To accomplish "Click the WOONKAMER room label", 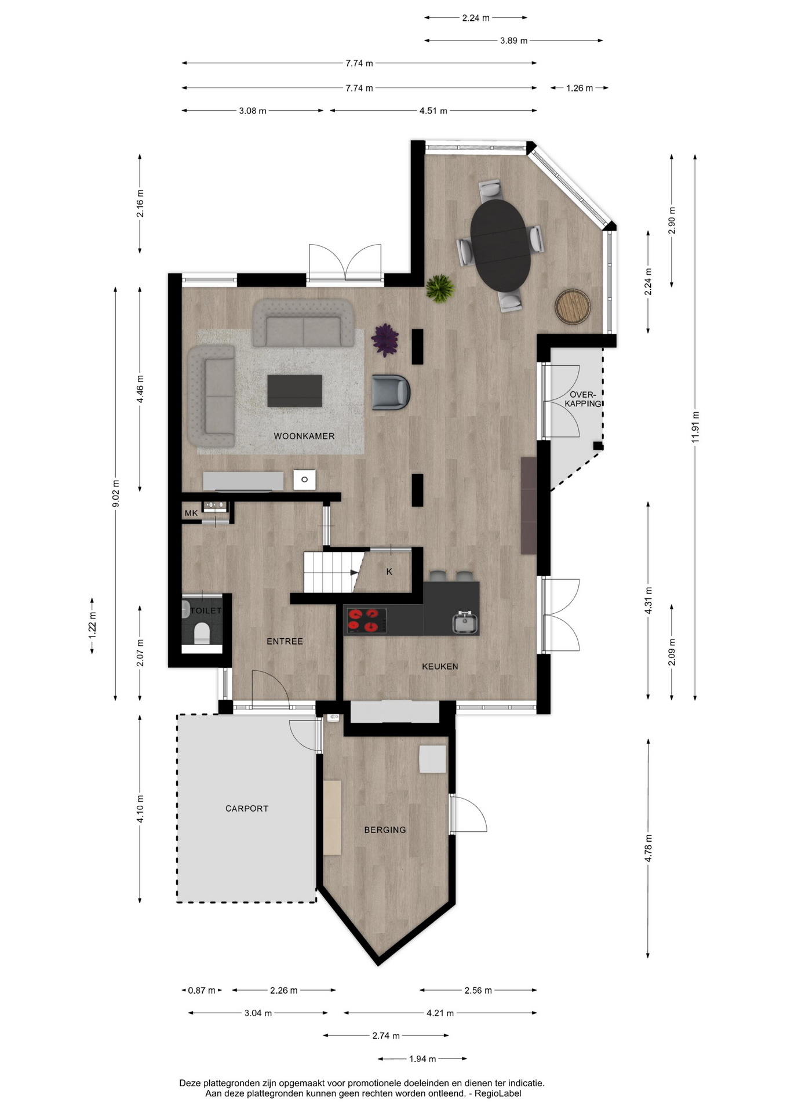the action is pos(304,436).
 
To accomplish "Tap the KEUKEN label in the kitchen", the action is pos(440,667).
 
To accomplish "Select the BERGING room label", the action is pos(385,830).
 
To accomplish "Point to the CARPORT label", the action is pos(247,809).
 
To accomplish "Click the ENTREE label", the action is pos(285,641).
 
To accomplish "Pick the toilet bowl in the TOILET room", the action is pos(202,632).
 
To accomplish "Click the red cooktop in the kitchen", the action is pos(366,620).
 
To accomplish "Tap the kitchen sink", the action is pos(465,622).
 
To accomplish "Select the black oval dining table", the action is pos(500,245).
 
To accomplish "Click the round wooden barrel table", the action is pos(573,306).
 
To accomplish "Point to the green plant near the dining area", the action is pos(440,288).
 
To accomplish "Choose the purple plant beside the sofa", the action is pos(385,340).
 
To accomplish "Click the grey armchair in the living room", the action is pos(391,392).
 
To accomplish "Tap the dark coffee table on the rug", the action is pos(294,391).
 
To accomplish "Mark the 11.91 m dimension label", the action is pos(695,427).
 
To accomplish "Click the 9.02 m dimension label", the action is pos(116,494).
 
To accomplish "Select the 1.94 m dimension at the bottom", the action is pos(422,1059).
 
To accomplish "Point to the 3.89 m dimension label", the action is pos(514,41).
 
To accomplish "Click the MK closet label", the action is pos(191,513).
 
